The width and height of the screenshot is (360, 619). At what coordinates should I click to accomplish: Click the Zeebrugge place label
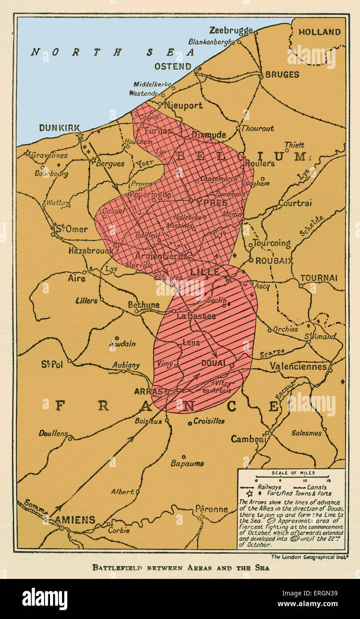pos(231,30)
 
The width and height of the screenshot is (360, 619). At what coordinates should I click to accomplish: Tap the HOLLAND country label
pos(319,32)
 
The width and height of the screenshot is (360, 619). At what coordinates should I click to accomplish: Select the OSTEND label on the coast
pos(173,67)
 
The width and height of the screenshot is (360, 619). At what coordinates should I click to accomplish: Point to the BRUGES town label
pos(282,74)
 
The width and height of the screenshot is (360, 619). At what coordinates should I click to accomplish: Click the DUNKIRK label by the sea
pos(59,127)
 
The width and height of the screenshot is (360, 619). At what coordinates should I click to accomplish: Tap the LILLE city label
pos(205,272)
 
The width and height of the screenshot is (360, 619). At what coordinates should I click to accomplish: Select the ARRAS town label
pos(148,391)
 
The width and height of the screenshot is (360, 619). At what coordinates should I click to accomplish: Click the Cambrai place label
pos(248,439)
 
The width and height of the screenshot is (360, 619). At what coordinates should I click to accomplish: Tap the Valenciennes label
pos(301,366)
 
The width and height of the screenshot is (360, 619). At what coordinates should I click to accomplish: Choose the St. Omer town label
pos(71,229)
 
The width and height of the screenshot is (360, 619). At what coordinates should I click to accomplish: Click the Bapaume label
pos(187,464)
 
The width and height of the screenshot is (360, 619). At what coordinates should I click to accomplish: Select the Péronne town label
pos(212,509)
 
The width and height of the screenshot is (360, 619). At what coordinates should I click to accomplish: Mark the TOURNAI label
pos(318,278)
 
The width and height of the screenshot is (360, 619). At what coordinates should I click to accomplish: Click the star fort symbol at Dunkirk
pos(80,136)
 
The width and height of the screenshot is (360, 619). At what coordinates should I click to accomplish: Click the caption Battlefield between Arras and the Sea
pos(180,567)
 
